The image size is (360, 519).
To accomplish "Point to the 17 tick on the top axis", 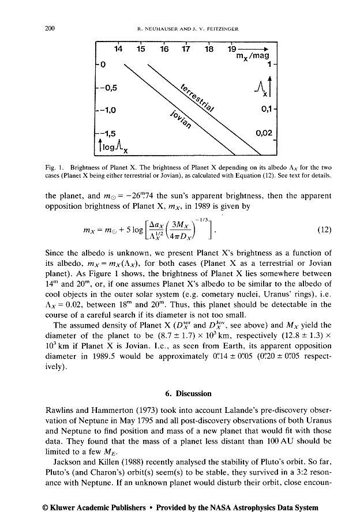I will click(x=186, y=50).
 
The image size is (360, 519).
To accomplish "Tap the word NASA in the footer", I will click(x=237, y=507).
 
